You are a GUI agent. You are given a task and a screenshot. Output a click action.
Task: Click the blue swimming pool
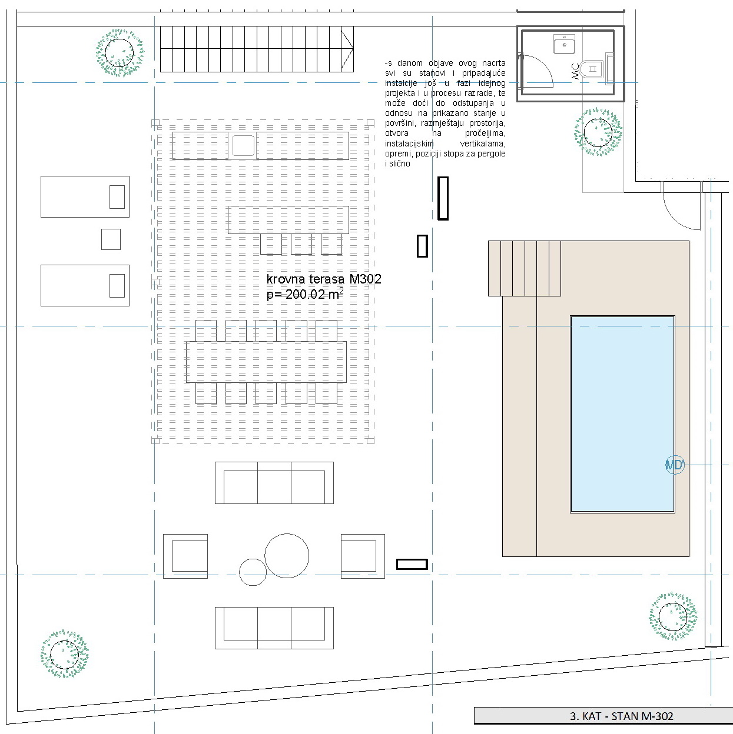(x=622, y=414)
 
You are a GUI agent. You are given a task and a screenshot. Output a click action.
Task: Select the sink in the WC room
(x=565, y=44)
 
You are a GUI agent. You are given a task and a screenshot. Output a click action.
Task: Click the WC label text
(x=575, y=71)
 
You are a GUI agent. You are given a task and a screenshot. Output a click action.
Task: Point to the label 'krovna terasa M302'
(x=324, y=279)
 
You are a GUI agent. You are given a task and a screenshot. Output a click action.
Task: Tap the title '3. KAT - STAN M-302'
(x=621, y=716)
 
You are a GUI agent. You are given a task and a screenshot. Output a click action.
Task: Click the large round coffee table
(x=287, y=556)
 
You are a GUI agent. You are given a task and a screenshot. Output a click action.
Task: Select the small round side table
(x=253, y=572)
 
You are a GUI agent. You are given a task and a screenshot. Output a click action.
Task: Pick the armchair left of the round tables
(x=185, y=556)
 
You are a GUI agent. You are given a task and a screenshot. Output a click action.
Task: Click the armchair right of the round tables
(x=363, y=556)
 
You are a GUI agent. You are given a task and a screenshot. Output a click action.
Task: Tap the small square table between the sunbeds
(x=111, y=239)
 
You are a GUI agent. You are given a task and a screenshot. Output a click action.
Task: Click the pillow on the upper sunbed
(x=117, y=197)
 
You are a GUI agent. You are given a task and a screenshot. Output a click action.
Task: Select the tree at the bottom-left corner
(x=65, y=654)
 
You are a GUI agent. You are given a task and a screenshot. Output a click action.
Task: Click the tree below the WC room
(x=598, y=132)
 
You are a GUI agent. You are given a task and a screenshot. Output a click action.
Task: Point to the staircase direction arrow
(x=347, y=49)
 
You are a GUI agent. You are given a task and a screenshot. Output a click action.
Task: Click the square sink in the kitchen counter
(x=243, y=145)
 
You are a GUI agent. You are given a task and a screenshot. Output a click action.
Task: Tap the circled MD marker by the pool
(x=675, y=465)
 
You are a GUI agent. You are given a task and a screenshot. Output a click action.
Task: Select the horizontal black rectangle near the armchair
(x=412, y=564)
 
